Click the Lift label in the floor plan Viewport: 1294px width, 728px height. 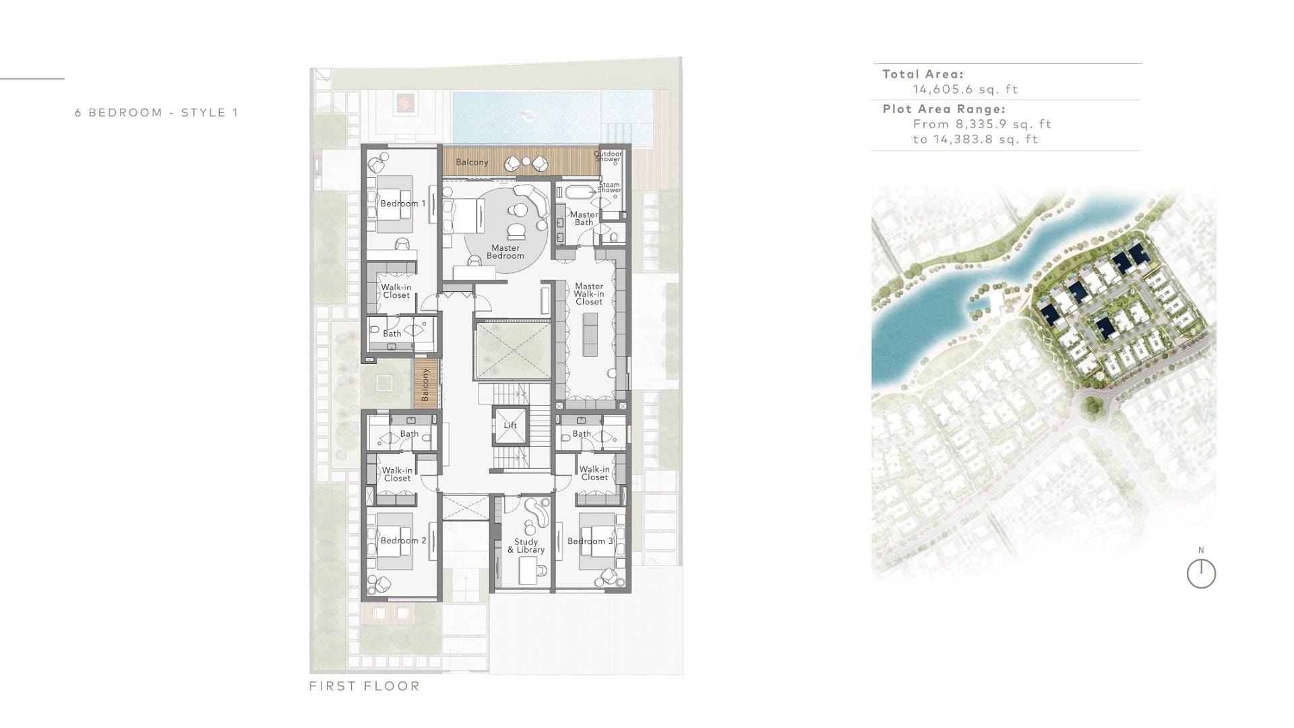click(510, 425)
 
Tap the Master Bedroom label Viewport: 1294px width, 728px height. click(505, 251)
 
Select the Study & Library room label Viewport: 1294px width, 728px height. click(526, 545)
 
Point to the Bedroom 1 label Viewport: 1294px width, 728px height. click(403, 204)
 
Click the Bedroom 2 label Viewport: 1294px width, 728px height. click(404, 541)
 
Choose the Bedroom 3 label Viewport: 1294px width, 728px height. click(590, 541)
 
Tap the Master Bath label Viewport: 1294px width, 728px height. click(584, 218)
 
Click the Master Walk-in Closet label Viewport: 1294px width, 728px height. click(589, 294)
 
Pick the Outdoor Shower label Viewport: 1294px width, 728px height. click(608, 156)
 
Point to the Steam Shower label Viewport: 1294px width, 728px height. click(609, 187)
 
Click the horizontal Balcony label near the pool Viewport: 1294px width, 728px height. click(472, 162)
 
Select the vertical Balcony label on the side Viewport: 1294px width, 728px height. click(425, 385)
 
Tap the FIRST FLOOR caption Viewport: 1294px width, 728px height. click(365, 686)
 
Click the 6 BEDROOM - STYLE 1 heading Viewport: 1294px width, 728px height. click(156, 113)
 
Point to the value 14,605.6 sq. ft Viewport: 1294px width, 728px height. click(965, 89)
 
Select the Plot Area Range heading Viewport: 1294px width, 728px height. click(944, 109)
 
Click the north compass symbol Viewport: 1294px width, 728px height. click(1201, 574)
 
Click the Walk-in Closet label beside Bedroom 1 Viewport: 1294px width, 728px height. click(396, 291)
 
